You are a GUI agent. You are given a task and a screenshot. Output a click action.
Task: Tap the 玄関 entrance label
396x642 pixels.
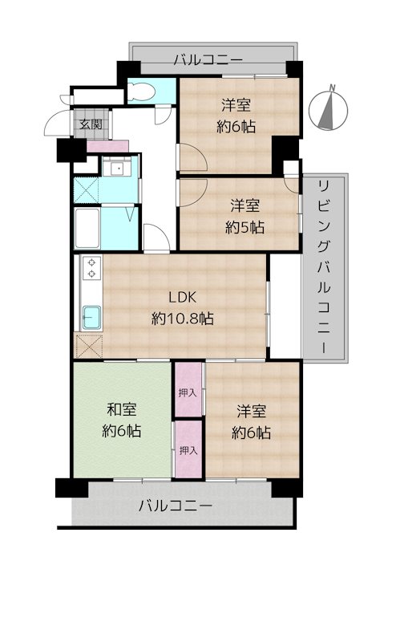coord(90,124)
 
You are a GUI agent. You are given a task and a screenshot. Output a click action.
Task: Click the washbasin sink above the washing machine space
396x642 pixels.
coord(117,169)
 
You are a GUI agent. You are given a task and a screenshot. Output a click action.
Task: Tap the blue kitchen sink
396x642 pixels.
coord(91,317)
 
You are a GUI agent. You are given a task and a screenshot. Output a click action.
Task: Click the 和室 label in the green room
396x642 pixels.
coord(122,409)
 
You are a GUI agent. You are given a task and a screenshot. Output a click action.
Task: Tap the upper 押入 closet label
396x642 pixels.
coord(188,393)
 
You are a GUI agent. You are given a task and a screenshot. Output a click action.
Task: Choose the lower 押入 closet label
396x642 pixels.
coord(188,451)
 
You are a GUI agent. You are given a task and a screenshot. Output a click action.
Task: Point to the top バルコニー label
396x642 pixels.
coord(208,59)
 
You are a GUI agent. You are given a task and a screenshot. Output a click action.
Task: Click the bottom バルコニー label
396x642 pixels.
coord(175,506)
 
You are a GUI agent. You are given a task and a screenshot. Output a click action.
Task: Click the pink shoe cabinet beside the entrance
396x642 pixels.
coord(107,146)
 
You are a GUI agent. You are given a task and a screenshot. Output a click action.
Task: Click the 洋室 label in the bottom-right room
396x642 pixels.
coord(251,410)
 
